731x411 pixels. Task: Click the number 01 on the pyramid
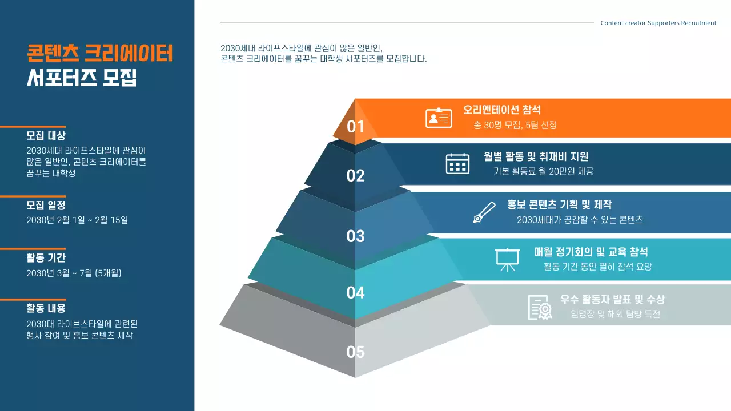click(355, 126)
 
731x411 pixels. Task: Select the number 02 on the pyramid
click(355, 176)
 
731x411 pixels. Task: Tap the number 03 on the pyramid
click(355, 236)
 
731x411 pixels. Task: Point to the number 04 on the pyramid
click(355, 293)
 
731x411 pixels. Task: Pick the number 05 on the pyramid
click(355, 352)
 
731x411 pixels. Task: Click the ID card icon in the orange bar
click(439, 118)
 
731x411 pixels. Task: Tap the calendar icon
click(457, 163)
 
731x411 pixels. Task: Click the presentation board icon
click(506, 259)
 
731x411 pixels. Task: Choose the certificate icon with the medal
click(540, 307)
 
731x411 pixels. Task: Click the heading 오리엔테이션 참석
click(502, 110)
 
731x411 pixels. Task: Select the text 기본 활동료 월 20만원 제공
click(543, 171)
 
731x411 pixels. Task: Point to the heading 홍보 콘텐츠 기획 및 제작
click(560, 205)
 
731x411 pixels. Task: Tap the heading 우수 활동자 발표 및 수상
click(613, 300)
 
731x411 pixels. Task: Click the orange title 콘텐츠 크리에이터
click(100, 54)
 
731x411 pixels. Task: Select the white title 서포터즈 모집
click(82, 78)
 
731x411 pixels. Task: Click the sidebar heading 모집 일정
click(46, 205)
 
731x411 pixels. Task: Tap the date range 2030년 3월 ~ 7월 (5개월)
click(74, 273)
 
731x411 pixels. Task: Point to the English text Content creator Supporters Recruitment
click(658, 23)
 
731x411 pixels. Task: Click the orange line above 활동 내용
click(33, 299)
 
